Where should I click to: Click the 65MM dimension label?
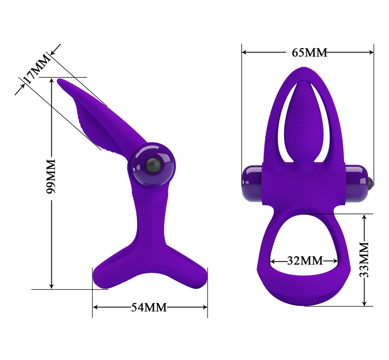(x=309, y=52)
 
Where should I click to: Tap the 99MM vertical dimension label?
(x=51, y=177)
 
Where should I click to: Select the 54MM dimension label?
(x=149, y=307)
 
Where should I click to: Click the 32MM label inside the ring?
(x=305, y=260)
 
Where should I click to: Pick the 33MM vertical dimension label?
(x=364, y=260)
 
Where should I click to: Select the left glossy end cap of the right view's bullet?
(x=252, y=183)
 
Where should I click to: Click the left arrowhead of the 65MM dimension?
(x=244, y=52)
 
